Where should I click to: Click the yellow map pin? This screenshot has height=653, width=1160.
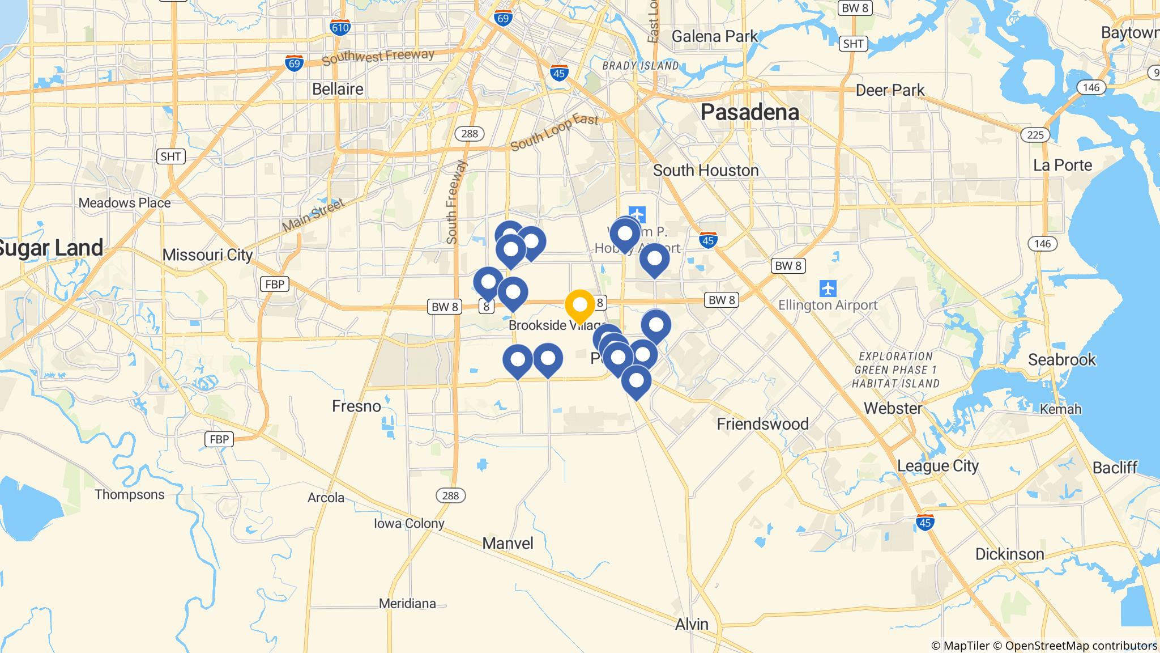[579, 305]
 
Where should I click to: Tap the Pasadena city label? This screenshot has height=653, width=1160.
[749, 112]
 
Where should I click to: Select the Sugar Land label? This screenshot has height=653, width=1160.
[51, 248]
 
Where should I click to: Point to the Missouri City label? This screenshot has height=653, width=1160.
[207, 255]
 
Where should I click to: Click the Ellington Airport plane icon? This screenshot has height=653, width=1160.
[828, 288]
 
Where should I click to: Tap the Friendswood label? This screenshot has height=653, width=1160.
[762, 423]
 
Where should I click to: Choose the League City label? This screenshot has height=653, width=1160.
[937, 465]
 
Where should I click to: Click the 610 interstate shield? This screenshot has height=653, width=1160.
[340, 27]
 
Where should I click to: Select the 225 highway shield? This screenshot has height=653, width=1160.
[1035, 134]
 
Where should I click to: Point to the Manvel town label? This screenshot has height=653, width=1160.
[507, 543]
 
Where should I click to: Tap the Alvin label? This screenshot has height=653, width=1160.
[692, 624]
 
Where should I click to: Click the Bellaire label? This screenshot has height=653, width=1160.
[338, 89]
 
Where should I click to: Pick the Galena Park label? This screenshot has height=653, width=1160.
[714, 36]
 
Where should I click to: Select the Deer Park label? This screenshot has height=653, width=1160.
[890, 90]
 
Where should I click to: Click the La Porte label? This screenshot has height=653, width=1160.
[1062, 165]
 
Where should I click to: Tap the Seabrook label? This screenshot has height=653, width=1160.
[1061, 359]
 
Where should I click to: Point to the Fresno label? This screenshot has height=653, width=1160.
[356, 406]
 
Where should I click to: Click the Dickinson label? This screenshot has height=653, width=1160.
[1009, 554]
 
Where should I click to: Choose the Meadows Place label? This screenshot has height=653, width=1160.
[125, 203]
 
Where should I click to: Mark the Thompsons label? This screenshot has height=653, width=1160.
[130, 494]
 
